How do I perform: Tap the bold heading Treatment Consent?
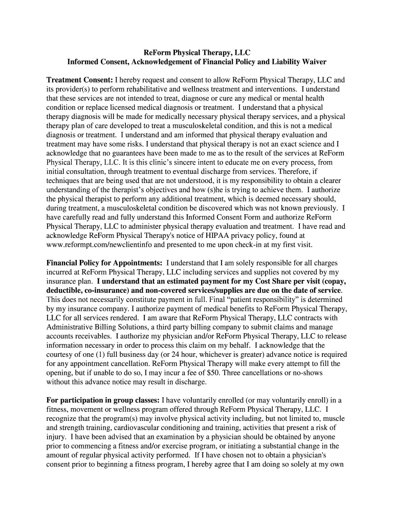click(80, 80)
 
